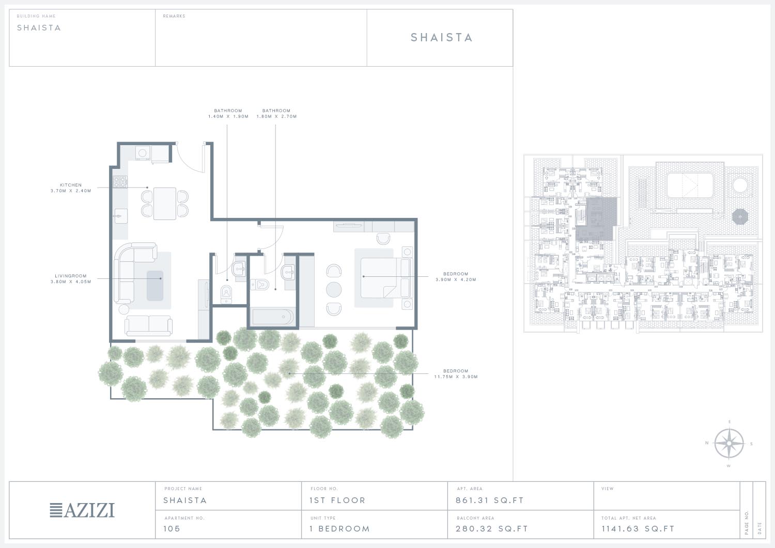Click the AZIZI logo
pyautogui.click(x=82, y=510)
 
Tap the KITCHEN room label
pyautogui.click(x=71, y=185)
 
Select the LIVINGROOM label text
pyautogui.click(x=71, y=276)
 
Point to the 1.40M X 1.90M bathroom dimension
pyautogui.click(x=228, y=117)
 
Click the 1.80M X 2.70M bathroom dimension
pyautogui.click(x=276, y=117)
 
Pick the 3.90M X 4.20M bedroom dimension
pyautogui.click(x=456, y=279)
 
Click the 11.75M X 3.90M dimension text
pyautogui.click(x=456, y=377)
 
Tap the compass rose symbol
pyautogui.click(x=729, y=444)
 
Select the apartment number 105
pyautogui.click(x=172, y=528)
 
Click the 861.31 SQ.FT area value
pyautogui.click(x=490, y=500)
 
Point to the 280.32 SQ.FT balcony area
pyautogui.click(x=492, y=528)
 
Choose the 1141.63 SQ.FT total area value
pyautogui.click(x=638, y=528)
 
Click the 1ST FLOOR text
pyautogui.click(x=337, y=500)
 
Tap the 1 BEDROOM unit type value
pyautogui.click(x=340, y=528)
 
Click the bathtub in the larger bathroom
pyautogui.click(x=273, y=317)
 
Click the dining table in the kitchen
pyautogui.click(x=165, y=203)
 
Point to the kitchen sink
pyautogui.click(x=121, y=216)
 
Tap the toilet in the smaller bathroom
pyautogui.click(x=226, y=294)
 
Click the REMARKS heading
pyautogui.click(x=174, y=16)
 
